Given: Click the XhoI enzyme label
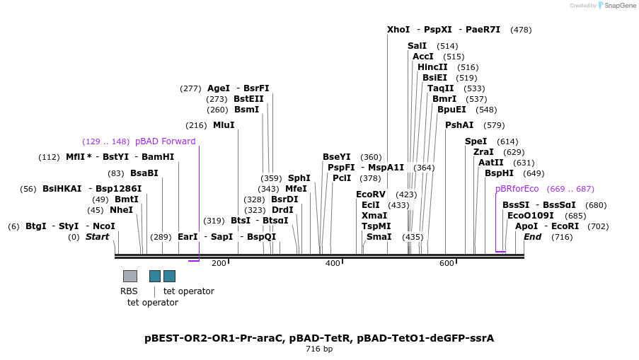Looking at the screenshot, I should coord(398,30).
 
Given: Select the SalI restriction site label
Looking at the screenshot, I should coord(417,46).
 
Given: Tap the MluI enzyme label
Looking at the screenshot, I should coord(224,125).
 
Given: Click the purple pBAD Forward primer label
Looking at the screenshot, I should coord(165,141).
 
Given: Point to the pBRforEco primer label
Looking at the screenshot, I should coord(517,189).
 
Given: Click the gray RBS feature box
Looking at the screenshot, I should coord(130,276).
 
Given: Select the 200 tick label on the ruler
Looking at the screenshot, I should coord(219,263).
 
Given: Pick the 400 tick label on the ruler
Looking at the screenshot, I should coord(333,263).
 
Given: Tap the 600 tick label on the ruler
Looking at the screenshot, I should coord(447,263).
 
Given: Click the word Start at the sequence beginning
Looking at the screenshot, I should coord(98,237).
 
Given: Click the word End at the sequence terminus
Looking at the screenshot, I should coord(532,237).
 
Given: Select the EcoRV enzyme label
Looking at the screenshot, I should coord(371,194).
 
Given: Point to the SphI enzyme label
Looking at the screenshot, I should coord(299,178).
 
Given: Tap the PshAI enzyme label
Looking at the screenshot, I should coord(459,125).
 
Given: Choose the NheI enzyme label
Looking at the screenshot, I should coord(121,210).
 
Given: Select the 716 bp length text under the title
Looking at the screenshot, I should coord(319,349).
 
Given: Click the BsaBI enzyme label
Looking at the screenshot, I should coord(144,173).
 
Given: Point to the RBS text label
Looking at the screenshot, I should coord(129,291).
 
